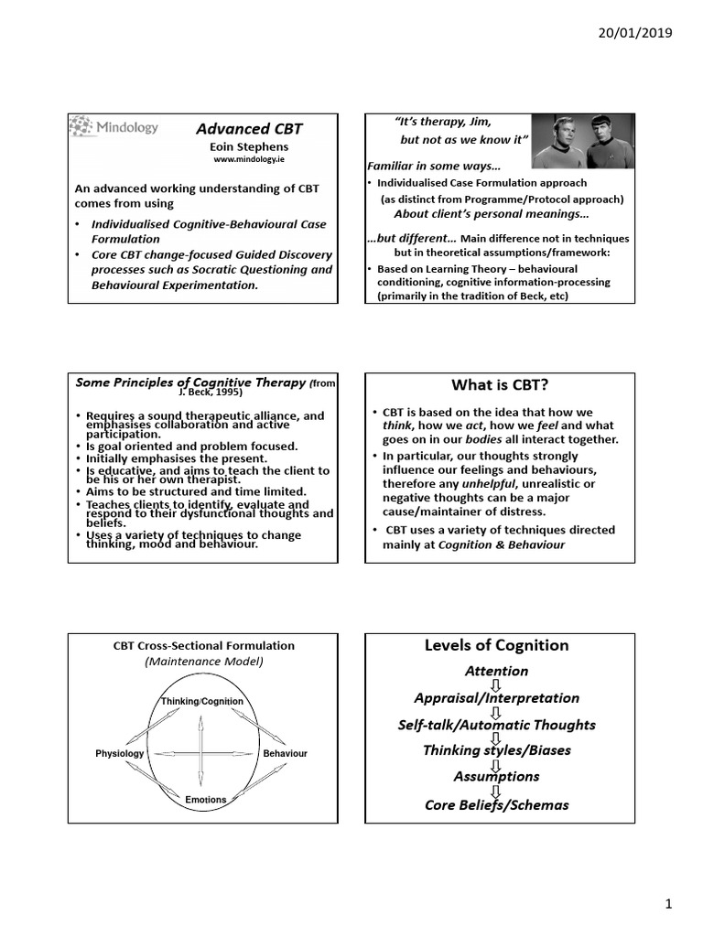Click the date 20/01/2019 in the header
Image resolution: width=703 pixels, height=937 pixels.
click(634, 33)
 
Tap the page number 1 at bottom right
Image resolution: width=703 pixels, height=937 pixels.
click(668, 904)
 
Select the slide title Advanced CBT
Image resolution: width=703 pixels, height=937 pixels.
click(249, 128)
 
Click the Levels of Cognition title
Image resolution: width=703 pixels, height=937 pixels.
click(496, 645)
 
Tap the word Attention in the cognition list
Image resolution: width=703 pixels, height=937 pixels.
click(496, 671)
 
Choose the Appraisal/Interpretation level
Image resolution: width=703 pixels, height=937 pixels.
click(496, 697)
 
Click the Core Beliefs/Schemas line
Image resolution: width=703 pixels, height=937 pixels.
click(496, 805)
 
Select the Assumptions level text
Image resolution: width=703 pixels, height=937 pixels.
click(496, 776)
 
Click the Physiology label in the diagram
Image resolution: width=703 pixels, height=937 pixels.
click(120, 753)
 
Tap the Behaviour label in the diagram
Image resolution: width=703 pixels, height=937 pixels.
click(285, 753)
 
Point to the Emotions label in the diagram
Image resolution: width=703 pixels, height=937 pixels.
click(205, 800)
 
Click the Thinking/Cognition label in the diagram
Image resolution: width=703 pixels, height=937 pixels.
click(202, 701)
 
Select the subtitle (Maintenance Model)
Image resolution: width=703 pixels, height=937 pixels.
click(203, 661)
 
